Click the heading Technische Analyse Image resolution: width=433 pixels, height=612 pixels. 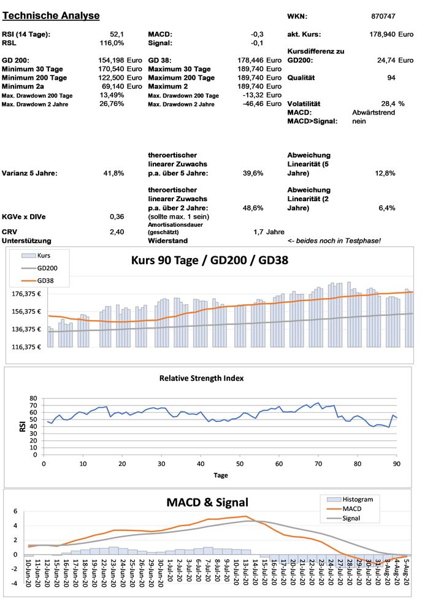click(x=51, y=15)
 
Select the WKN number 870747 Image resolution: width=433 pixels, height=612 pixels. click(x=383, y=16)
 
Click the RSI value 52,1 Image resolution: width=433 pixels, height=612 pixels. click(x=117, y=34)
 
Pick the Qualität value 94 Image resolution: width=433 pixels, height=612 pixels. click(x=391, y=78)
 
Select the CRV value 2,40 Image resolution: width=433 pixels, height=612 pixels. click(x=117, y=232)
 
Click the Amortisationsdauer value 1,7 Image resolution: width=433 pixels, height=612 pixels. click(x=258, y=232)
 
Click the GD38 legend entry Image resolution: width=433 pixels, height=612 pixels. click(x=46, y=281)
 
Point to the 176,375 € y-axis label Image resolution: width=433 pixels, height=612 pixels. click(x=28, y=293)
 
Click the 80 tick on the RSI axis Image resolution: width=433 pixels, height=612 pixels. click(x=34, y=398)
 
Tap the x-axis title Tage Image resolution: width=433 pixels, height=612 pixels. click(x=221, y=475)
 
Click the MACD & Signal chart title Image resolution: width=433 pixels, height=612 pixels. click(x=207, y=503)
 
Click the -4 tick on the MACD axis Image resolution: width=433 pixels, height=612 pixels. click(x=15, y=584)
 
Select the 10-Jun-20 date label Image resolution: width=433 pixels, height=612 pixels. click(x=28, y=573)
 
